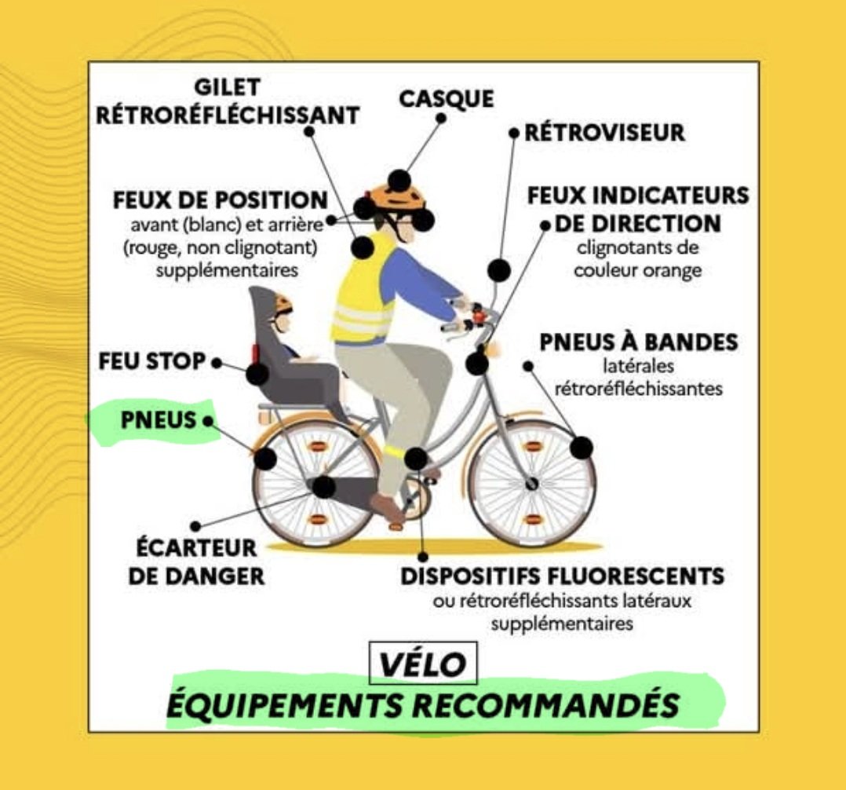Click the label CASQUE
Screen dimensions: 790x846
(446, 99)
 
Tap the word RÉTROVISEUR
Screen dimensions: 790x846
(604, 132)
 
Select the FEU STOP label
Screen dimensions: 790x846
(151, 362)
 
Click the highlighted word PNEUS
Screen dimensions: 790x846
(158, 421)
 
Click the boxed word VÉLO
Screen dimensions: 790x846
(423, 664)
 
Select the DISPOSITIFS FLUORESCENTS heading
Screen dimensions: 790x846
(562, 576)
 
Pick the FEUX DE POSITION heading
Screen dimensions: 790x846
(220, 199)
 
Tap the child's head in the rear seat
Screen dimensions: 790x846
(282, 313)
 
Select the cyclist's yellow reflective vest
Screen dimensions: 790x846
(363, 291)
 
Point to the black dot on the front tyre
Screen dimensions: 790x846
(581, 448)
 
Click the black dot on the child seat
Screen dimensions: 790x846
(257, 374)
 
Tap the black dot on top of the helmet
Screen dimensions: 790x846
(399, 180)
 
